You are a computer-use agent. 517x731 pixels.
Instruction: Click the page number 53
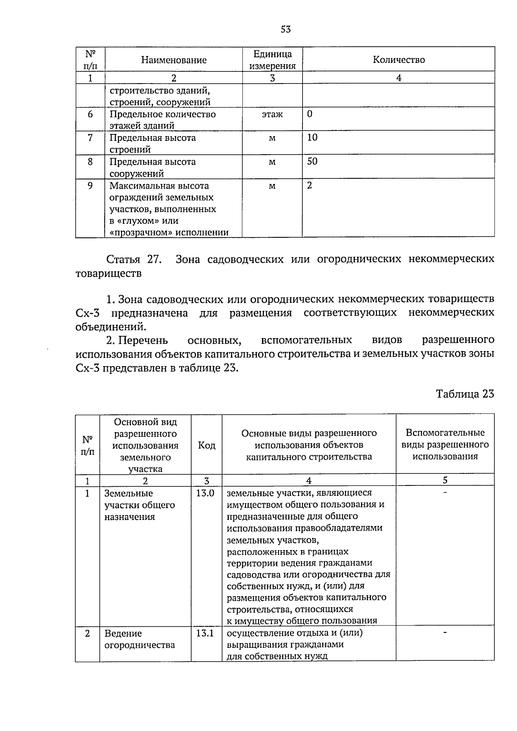(286, 29)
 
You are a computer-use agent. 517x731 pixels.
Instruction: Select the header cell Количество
(399, 60)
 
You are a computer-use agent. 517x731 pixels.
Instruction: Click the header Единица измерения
(272, 60)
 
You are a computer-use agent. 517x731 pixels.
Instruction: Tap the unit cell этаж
(272, 115)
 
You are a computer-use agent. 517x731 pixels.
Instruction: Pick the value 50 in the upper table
(312, 162)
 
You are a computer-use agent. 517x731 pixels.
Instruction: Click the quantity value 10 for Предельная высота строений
(312, 137)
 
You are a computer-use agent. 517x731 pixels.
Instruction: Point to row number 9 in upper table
(90, 186)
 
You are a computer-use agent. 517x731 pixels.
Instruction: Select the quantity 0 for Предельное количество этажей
(310, 114)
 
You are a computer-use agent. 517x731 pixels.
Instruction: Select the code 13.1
(206, 634)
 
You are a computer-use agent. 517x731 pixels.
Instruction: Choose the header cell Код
(207, 445)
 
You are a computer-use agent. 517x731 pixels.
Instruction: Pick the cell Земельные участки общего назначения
(139, 505)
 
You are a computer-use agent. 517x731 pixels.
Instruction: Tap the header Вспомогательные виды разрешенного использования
(445, 445)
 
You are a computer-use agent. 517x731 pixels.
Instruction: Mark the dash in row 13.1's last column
(445, 632)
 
